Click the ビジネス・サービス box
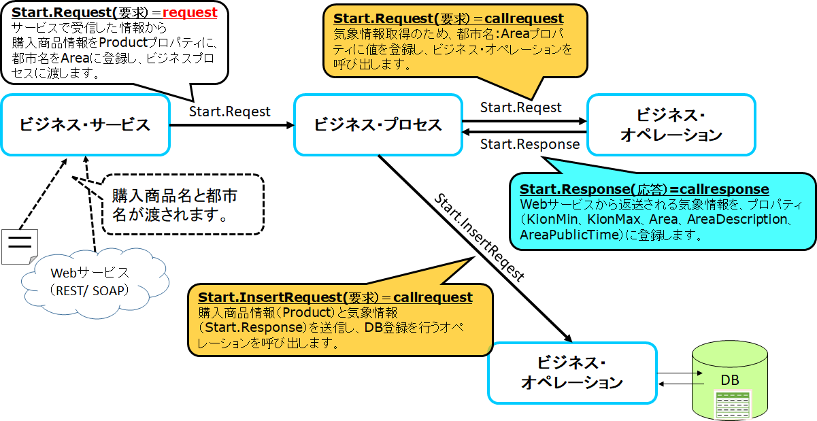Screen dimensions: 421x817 [85, 124]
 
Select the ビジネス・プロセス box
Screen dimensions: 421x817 [378, 124]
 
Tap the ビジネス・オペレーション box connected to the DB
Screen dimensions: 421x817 [572, 372]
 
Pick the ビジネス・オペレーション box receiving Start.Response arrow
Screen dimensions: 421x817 [671, 124]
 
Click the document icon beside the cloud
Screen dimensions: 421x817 [20, 246]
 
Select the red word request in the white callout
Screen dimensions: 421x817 [190, 13]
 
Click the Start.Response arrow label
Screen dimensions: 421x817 [529, 144]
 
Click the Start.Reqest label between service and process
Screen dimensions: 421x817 [229, 111]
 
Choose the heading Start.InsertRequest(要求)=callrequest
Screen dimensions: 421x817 [335, 298]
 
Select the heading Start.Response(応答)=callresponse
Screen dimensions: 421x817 [644, 189]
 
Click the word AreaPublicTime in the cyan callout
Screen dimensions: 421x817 [563, 235]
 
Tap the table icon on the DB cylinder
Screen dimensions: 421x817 [732, 405]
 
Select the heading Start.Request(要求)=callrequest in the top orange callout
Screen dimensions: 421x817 [448, 18]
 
